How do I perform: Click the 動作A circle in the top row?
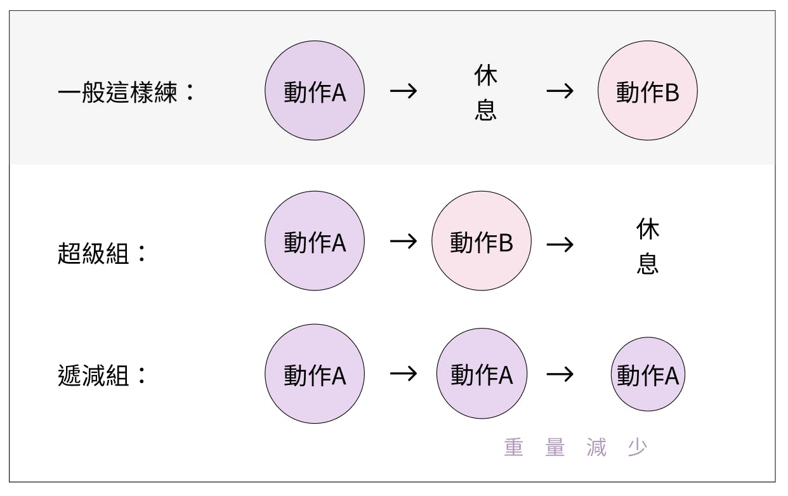[x=315, y=91]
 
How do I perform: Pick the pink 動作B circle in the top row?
[x=647, y=91]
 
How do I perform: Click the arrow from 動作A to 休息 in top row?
[x=404, y=91]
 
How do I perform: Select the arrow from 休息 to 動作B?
[x=560, y=91]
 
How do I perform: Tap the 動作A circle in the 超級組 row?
[x=315, y=241]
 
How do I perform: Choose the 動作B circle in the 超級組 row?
[x=481, y=241]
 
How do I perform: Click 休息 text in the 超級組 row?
[x=647, y=246]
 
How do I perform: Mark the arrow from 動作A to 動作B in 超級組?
[x=404, y=242]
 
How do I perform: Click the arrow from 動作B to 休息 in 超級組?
[x=560, y=244]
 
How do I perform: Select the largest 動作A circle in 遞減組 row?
[x=315, y=374]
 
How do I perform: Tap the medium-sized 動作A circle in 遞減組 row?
[x=482, y=374]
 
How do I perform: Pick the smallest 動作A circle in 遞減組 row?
[x=648, y=374]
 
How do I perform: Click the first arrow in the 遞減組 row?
[x=404, y=374]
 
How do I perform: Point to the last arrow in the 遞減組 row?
[x=560, y=374]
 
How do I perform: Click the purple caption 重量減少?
[x=575, y=448]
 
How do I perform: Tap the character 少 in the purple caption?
[x=637, y=448]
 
